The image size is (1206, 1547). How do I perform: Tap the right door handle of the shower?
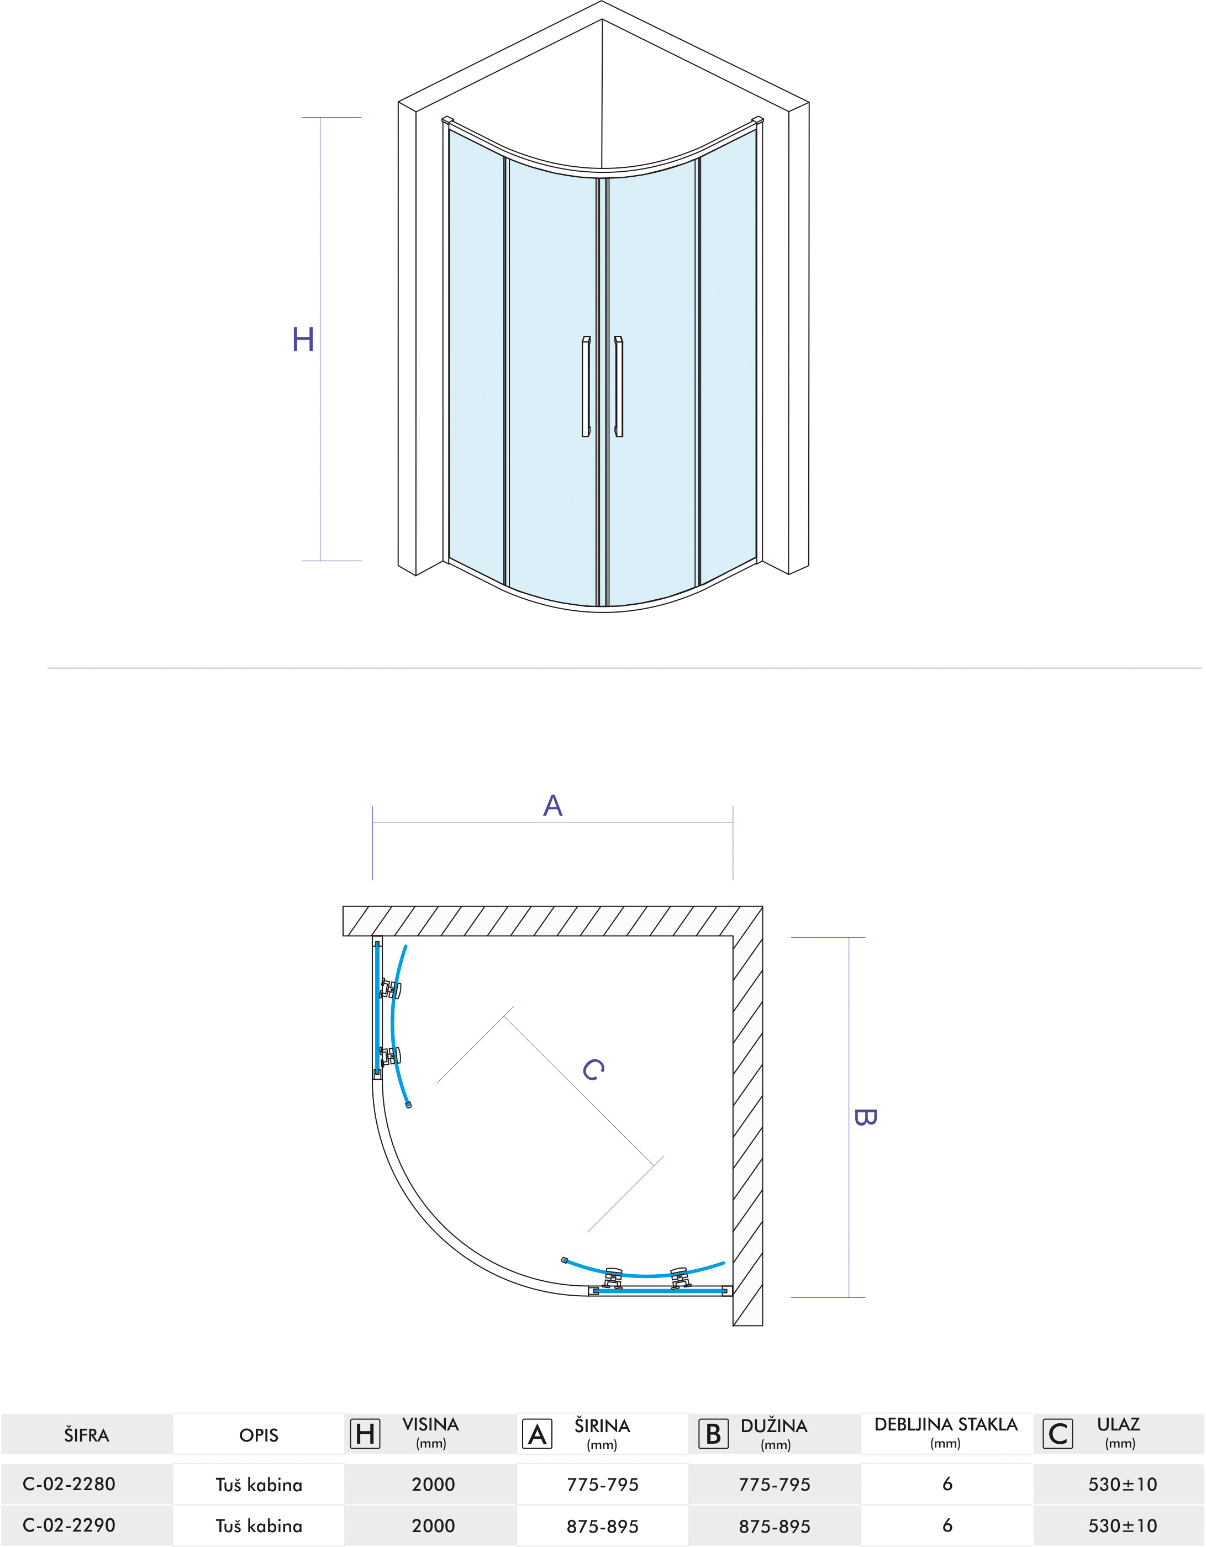click(619, 386)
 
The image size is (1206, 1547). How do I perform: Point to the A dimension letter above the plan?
click(552, 805)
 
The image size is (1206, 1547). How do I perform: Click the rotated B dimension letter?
click(866, 1117)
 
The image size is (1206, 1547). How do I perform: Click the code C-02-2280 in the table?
click(69, 1484)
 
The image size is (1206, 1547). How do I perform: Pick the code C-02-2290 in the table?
click(69, 1525)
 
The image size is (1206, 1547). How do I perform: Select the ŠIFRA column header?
click(86, 1435)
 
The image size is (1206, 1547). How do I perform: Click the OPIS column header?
click(259, 1435)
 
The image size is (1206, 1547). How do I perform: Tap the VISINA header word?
click(431, 1424)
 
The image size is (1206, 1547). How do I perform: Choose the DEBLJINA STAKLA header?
click(946, 1424)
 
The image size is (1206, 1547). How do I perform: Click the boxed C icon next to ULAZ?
click(1058, 1434)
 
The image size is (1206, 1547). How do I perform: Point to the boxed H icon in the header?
click(365, 1434)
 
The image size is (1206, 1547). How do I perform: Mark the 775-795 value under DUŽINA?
click(775, 1485)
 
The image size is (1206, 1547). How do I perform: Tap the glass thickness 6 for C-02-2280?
click(947, 1484)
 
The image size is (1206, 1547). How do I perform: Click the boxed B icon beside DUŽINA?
click(714, 1434)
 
